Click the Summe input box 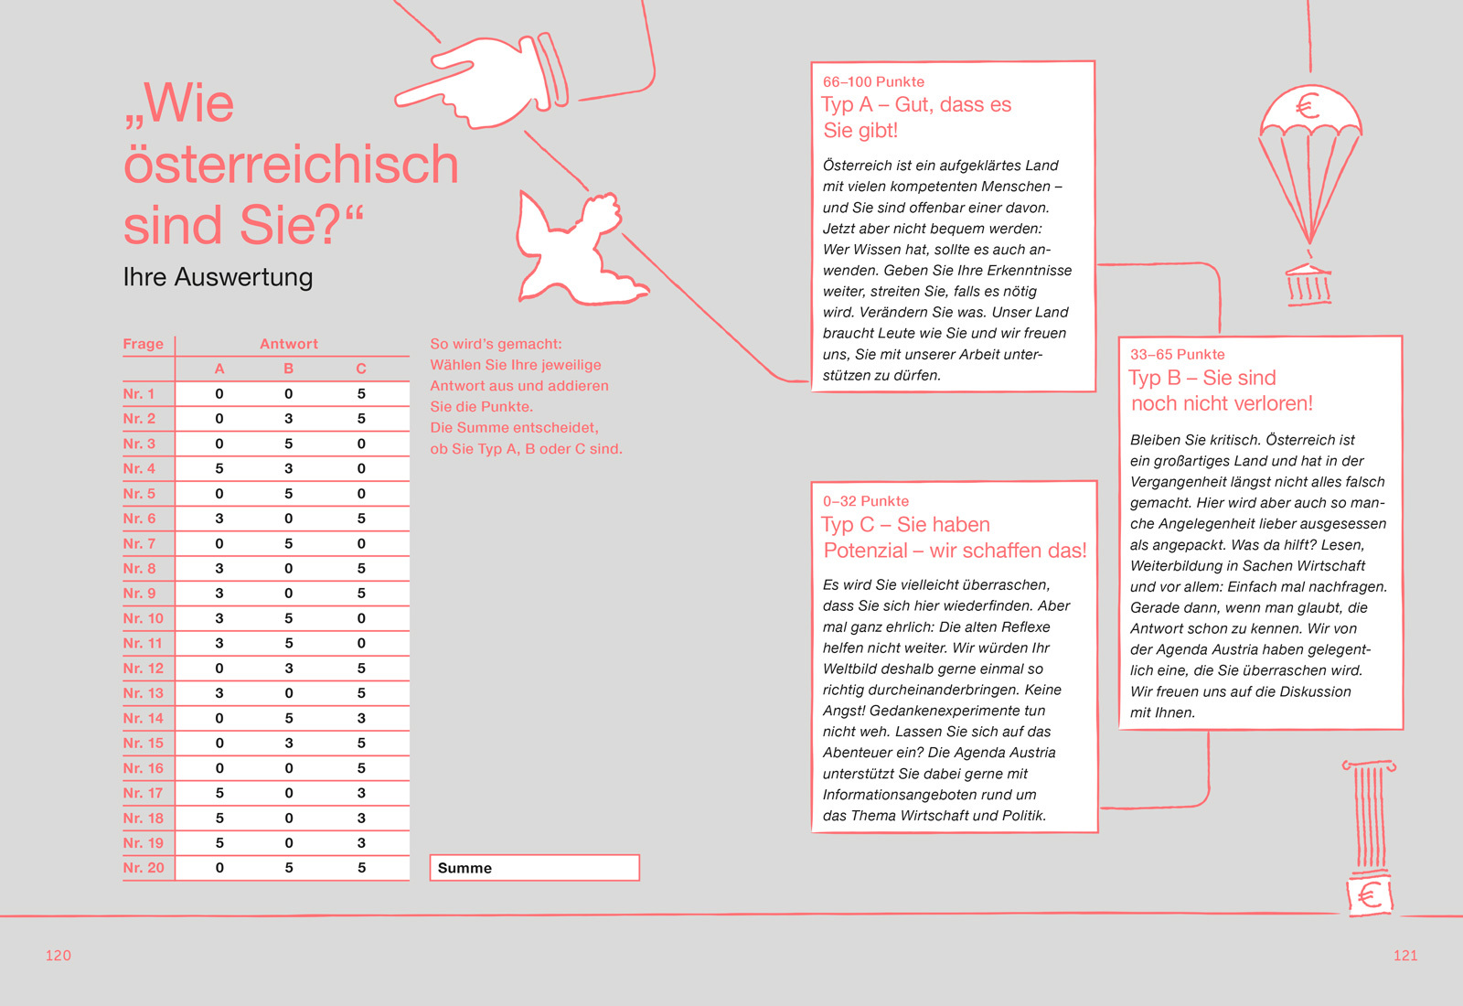point(534,868)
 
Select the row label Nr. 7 point(140,543)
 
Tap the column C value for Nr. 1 point(361,393)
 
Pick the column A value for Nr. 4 point(219,468)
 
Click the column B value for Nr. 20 point(289,868)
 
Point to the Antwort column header point(289,344)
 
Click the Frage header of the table point(144,344)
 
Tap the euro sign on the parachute point(1308,106)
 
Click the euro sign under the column point(1369,894)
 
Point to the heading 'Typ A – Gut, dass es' point(916,105)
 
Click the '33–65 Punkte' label point(1178,354)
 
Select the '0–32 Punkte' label point(866,501)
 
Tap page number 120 point(59,955)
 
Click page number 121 point(1405,955)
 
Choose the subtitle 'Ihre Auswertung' point(218,277)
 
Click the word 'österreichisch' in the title point(291,165)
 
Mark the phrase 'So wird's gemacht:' point(497,344)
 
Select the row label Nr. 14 point(144,718)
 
